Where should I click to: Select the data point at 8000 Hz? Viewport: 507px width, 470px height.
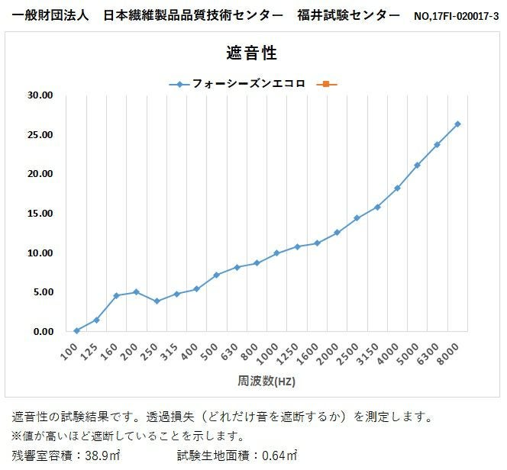[457, 124]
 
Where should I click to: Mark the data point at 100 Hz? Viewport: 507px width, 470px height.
[76, 330]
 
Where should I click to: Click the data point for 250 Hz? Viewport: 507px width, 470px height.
[157, 301]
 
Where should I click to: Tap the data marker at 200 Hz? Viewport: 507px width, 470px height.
[136, 292]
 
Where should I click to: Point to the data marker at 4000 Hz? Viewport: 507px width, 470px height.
[397, 188]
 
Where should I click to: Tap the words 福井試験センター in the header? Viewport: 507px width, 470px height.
[348, 15]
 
